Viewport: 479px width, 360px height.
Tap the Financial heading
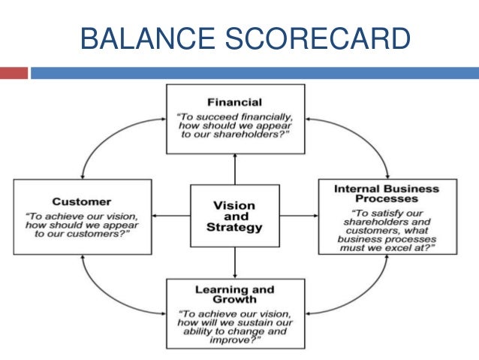(235, 102)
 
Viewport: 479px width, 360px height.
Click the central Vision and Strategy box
(235, 215)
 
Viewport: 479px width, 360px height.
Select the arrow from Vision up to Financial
(235, 168)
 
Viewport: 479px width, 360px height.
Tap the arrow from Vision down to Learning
(235, 263)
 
